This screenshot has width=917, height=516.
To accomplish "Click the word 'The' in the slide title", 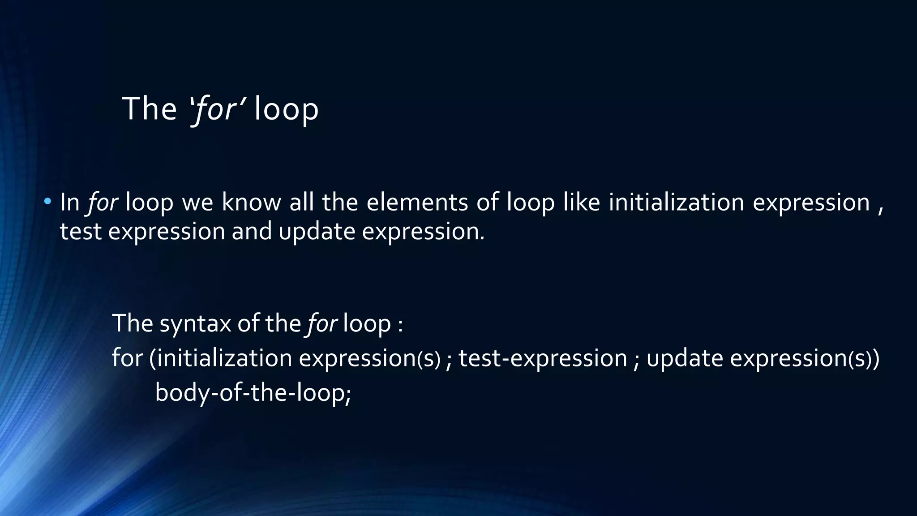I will tap(149, 109).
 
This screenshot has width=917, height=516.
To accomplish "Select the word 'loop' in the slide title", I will tap(286, 110).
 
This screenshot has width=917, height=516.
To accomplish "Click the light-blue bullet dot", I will tap(47, 202).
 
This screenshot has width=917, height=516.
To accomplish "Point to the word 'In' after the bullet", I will tap(69, 202).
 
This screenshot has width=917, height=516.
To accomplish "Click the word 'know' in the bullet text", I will tap(251, 202).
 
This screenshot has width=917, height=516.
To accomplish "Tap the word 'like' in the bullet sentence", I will tap(582, 202).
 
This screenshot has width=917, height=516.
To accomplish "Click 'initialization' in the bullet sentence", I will tap(676, 202).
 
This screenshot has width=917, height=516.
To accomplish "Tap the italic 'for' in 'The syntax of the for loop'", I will tap(321, 323).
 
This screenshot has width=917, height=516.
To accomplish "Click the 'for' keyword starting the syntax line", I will tap(127, 358).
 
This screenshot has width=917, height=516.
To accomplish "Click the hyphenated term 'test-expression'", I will tap(543, 358).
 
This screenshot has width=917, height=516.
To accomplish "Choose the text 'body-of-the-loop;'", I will tap(253, 393).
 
